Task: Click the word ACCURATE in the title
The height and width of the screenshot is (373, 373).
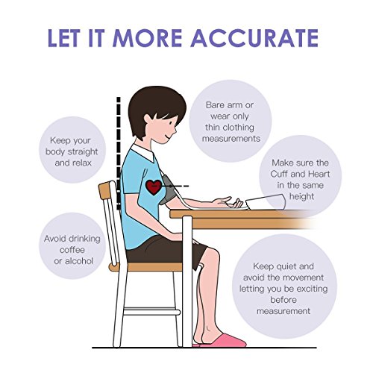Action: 254,38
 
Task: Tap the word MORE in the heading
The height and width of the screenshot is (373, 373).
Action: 147,38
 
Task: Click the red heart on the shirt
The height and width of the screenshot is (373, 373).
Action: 154,187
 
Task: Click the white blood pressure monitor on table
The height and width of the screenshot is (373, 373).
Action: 266,201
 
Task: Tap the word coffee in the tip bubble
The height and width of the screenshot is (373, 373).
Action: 72,250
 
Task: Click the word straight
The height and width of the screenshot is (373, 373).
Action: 83,151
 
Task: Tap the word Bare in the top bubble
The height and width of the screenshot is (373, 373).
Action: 215,105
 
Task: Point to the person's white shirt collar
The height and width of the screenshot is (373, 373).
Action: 144,152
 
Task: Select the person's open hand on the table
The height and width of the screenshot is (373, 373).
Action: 228,202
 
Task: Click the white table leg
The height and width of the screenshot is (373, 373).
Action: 187,281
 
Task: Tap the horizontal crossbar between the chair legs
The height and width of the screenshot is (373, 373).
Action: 151,312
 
